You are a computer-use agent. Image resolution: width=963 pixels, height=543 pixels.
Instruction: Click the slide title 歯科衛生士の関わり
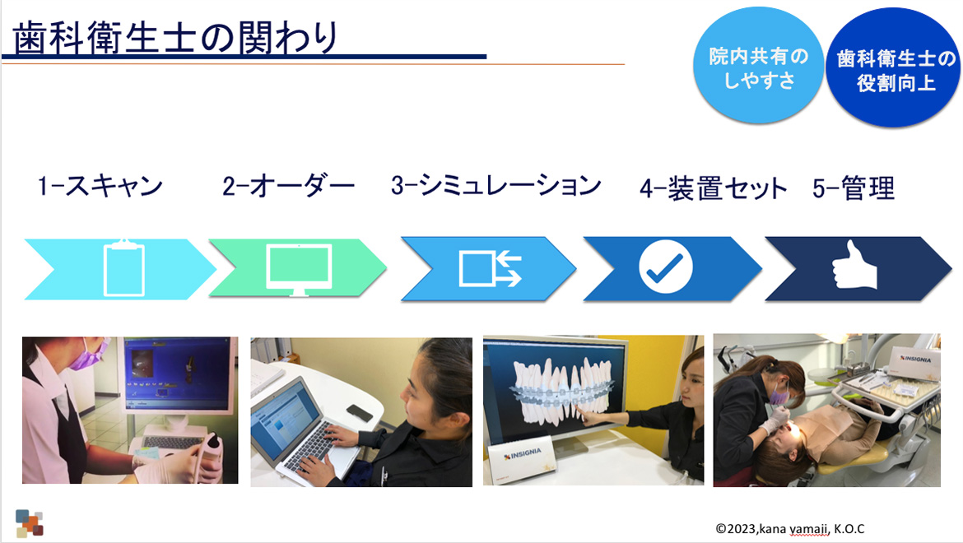(x=175, y=37)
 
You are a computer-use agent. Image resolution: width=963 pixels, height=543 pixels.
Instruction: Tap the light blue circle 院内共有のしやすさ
(x=758, y=66)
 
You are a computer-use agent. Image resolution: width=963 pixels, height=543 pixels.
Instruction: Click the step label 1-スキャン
(x=100, y=185)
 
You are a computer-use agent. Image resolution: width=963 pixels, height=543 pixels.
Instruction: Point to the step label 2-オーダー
(x=288, y=185)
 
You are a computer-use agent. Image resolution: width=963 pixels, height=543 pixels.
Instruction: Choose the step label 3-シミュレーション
(x=496, y=185)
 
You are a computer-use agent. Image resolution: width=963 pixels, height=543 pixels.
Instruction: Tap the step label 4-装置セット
(x=713, y=188)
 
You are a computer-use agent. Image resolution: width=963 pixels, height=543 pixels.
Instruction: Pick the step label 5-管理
(x=854, y=188)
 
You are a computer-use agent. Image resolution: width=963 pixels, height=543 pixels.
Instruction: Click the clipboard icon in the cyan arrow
(x=124, y=268)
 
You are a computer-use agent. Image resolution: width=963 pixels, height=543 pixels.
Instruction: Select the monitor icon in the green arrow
(x=299, y=270)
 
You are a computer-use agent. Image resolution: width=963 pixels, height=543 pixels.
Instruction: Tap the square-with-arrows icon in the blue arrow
(x=490, y=268)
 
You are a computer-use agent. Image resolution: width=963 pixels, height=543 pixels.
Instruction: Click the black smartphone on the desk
(x=359, y=412)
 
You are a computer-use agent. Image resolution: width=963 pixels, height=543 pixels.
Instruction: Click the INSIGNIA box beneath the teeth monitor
(x=522, y=457)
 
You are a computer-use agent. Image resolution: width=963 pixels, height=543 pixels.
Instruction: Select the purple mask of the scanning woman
(x=87, y=356)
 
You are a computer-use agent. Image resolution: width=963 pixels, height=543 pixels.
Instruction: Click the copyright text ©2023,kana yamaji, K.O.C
(x=790, y=529)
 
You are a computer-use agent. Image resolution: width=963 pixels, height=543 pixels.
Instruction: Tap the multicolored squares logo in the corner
(x=30, y=523)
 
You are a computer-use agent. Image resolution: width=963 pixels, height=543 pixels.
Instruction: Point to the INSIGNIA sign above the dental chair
(x=914, y=362)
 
